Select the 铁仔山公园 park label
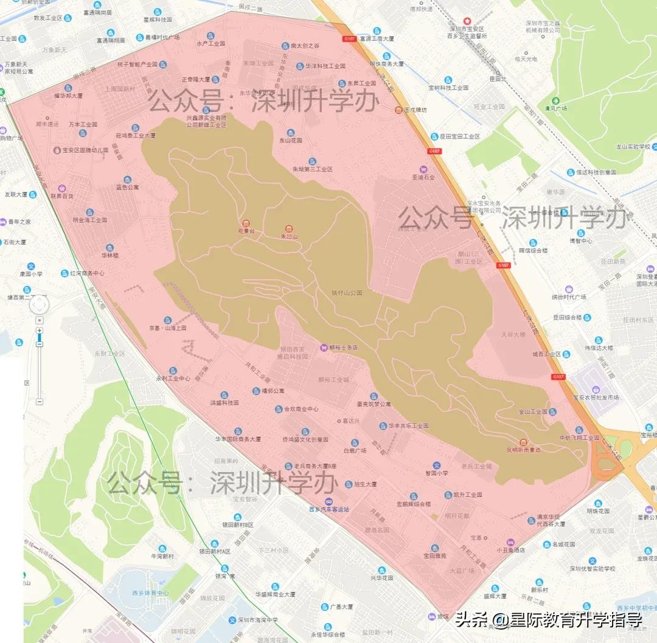pyautogui.click(x=347, y=293)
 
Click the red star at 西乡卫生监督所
pyautogui.click(x=467, y=21)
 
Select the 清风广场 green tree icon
pyautogui.click(x=555, y=100)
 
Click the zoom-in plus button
pyautogui.click(x=40, y=330)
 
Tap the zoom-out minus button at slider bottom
pyautogui.click(x=40, y=401)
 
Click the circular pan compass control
pyautogui.click(x=40, y=304)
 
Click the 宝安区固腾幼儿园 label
pyautogui.click(x=85, y=149)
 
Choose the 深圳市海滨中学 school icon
pyautogui.click(x=232, y=620)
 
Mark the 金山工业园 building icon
pyautogui.click(x=552, y=412)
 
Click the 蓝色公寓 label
pyautogui.click(x=127, y=187)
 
